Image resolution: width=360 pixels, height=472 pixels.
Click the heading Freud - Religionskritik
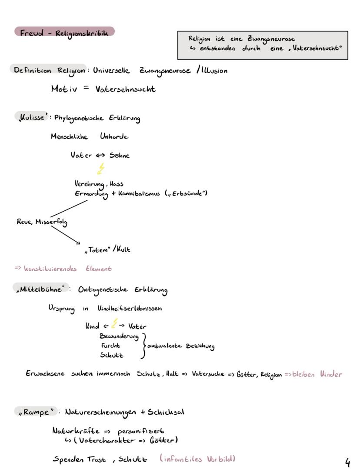coord(64,32)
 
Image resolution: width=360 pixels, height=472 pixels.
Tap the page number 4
coord(347,462)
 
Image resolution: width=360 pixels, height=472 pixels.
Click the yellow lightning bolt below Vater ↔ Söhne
coord(101,169)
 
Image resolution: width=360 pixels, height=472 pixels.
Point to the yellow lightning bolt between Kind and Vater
coord(114,324)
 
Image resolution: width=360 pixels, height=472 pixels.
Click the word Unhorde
coord(114,136)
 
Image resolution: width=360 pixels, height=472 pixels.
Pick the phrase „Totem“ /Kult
coord(107,249)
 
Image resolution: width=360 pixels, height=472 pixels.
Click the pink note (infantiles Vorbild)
coord(197,459)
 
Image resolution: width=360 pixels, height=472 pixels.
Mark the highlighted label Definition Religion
coord(49,70)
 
